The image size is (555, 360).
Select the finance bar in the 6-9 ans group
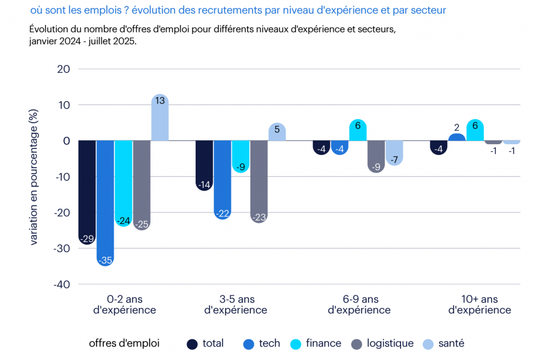[x=358, y=130]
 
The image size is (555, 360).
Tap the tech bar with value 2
[x=457, y=137]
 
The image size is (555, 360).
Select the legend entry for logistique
[x=390, y=343]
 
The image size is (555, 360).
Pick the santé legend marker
[x=429, y=344]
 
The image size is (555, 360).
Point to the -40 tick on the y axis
[x=62, y=284]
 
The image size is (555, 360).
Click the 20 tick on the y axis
[x=64, y=69]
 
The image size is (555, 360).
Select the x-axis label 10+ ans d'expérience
[x=480, y=305]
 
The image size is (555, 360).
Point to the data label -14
[x=204, y=185]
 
